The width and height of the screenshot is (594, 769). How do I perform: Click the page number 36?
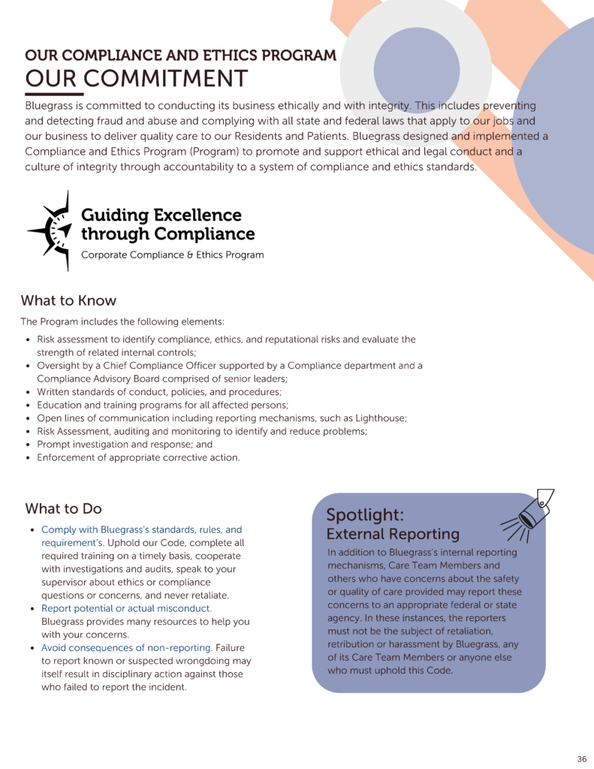pyautogui.click(x=582, y=758)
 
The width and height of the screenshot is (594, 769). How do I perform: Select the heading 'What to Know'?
pyautogui.click(x=68, y=300)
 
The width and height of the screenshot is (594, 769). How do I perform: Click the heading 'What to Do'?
pyautogui.click(x=63, y=508)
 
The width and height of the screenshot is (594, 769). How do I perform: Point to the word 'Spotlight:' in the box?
pyautogui.click(x=365, y=515)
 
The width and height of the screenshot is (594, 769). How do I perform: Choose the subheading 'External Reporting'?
pyautogui.click(x=393, y=534)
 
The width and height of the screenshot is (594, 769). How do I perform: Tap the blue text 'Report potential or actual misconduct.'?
pyautogui.click(x=126, y=608)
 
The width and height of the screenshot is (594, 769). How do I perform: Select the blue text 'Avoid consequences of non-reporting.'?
pyautogui.click(x=127, y=647)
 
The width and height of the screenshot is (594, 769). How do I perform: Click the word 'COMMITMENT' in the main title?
pyautogui.click(x=165, y=78)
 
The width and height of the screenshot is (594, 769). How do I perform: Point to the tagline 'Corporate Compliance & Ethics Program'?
pyautogui.click(x=172, y=255)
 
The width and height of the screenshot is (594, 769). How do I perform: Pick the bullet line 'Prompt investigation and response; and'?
pyautogui.click(x=125, y=444)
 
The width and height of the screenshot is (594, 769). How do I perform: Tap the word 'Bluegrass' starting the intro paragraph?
pyautogui.click(x=50, y=106)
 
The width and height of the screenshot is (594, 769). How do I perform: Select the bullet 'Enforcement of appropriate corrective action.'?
pyautogui.click(x=138, y=457)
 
